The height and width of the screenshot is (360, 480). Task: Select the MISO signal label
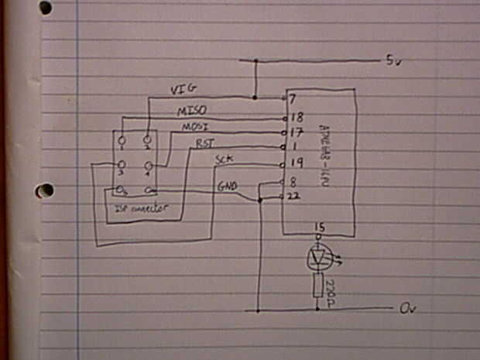[191, 111]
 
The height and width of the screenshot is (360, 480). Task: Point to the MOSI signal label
[196, 126]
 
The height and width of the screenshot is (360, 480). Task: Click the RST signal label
[205, 143]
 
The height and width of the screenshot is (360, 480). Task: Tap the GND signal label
[228, 186]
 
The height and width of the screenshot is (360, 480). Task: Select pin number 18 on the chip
[294, 117]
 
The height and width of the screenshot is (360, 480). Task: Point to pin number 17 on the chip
[294, 132]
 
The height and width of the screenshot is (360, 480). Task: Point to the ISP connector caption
[142, 208]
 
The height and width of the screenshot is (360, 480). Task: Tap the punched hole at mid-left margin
[45, 190]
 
